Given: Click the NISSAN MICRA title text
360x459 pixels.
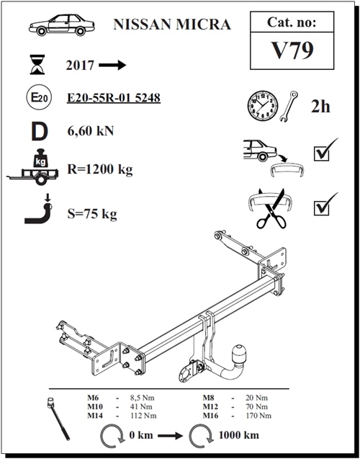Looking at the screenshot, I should point(173,25).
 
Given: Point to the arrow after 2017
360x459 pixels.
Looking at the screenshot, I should point(112,65).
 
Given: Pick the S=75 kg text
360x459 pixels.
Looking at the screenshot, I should point(91,214).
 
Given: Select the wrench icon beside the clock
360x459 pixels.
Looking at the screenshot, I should point(292,106).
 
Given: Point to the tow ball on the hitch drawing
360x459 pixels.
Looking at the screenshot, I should point(238,354).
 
